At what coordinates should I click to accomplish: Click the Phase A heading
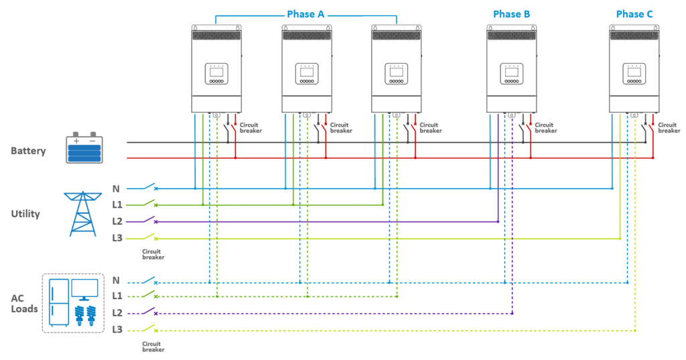[x=305, y=15]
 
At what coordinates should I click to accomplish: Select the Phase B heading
[x=511, y=15]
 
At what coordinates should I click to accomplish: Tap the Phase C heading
[x=634, y=15]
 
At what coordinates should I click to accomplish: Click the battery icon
[x=84, y=147]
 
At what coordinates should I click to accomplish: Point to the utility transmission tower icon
[x=82, y=214]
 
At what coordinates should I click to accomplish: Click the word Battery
[x=28, y=151]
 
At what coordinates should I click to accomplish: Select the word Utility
[x=25, y=214]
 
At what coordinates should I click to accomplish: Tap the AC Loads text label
[x=24, y=304]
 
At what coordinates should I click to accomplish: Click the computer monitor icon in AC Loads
[x=84, y=290]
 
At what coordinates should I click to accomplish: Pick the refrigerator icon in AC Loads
[x=59, y=302]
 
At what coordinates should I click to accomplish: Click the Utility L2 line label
[x=117, y=222]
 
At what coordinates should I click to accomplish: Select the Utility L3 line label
[x=117, y=238]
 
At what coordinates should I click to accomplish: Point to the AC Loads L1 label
[x=117, y=296]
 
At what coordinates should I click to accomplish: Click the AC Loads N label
[x=116, y=280]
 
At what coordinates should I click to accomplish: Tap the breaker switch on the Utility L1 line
[x=150, y=203]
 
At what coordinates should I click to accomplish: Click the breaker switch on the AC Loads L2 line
[x=150, y=312]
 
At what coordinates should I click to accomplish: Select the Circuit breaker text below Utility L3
[x=153, y=255]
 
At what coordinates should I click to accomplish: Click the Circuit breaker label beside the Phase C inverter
[x=669, y=128]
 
